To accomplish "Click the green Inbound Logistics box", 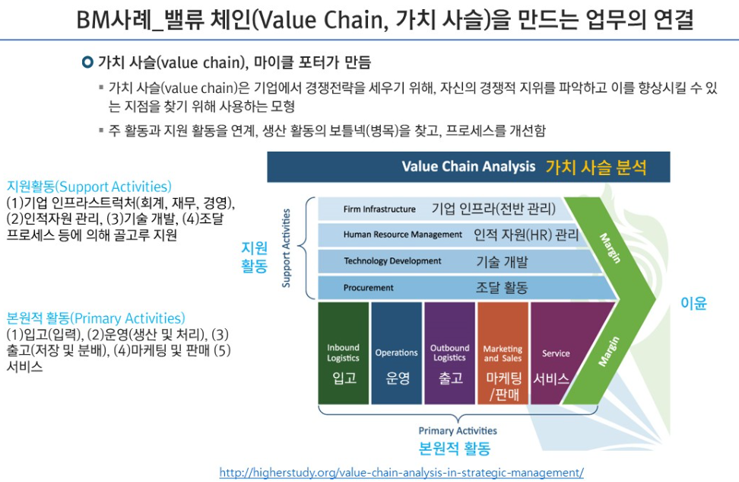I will (x=344, y=353).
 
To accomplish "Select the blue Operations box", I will (x=396, y=353).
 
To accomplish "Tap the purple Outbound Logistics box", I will (x=449, y=353).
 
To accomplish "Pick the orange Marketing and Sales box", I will (x=503, y=353).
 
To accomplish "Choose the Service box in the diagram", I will (x=556, y=353).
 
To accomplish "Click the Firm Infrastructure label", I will (x=379, y=209).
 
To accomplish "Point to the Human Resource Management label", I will (x=402, y=235).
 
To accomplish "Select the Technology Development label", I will (x=392, y=261).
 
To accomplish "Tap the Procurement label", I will (x=368, y=288).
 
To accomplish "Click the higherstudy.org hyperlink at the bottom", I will (x=401, y=472).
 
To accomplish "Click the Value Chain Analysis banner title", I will (x=468, y=167).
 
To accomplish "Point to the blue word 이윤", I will (x=693, y=303).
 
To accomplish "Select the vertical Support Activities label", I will (x=287, y=248).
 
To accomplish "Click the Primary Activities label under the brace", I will (x=458, y=431).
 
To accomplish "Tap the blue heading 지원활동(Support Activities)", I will (x=89, y=187).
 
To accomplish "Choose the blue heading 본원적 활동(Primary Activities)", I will (x=96, y=318).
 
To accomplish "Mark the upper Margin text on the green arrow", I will (x=611, y=247).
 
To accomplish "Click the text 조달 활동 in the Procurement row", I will (x=501, y=288).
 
